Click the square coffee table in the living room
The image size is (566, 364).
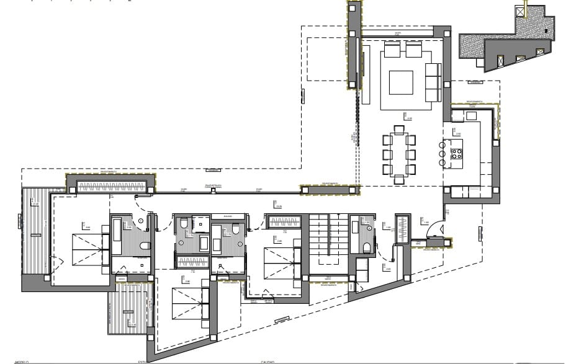pos(400,82)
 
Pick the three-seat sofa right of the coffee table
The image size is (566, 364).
pos(433,82)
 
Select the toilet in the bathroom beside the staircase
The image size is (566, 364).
pos(366,248)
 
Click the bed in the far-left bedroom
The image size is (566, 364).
pos(88,248)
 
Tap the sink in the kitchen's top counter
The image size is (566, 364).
pos(472,115)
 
